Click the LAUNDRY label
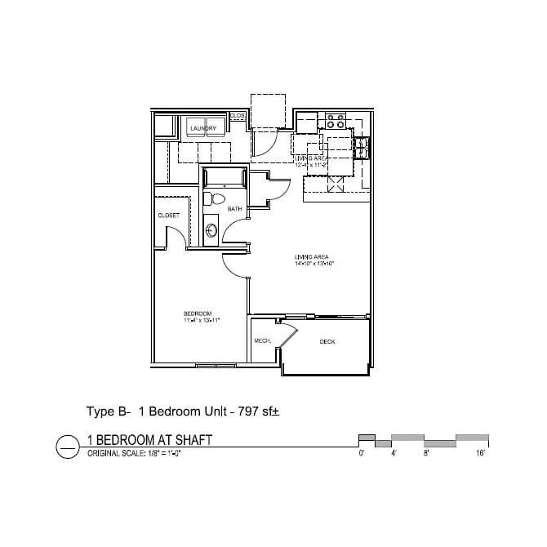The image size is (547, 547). click(x=202, y=129)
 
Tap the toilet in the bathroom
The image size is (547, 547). click(x=216, y=198)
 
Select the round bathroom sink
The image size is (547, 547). click(x=211, y=229)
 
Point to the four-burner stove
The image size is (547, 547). click(x=335, y=122)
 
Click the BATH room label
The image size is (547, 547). click(x=234, y=210)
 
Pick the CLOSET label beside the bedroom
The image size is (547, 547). click(x=169, y=215)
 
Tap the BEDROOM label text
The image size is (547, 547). click(x=198, y=314)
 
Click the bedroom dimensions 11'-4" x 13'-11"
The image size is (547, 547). click(x=202, y=321)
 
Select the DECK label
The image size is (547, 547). click(x=327, y=341)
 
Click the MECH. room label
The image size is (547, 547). click(x=262, y=340)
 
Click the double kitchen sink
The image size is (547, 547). click(x=359, y=147)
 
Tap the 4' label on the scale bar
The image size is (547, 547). click(x=393, y=452)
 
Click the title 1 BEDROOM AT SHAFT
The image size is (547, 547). click(x=149, y=440)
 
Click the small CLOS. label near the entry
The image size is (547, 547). click(x=238, y=116)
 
